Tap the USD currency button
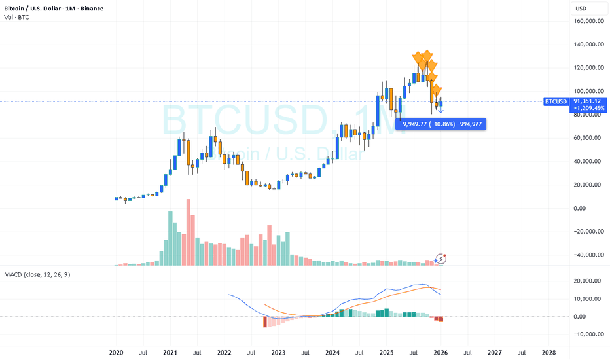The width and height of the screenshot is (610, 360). click(x=581, y=9)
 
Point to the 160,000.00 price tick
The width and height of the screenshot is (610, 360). click(x=588, y=21)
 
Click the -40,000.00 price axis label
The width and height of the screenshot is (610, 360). click(x=588, y=255)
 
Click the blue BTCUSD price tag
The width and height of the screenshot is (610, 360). click(x=556, y=101)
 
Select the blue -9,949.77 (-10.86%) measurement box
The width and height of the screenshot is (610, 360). click(x=440, y=123)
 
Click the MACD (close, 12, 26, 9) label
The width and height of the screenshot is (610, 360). click(x=37, y=274)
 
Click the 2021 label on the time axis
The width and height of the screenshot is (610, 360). click(x=170, y=351)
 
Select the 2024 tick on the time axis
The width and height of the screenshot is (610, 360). click(x=332, y=351)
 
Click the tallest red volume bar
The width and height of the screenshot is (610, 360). click(x=188, y=232)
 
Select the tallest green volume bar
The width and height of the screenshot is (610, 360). click(x=171, y=239)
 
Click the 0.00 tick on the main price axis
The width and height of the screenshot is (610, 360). click(x=588, y=208)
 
